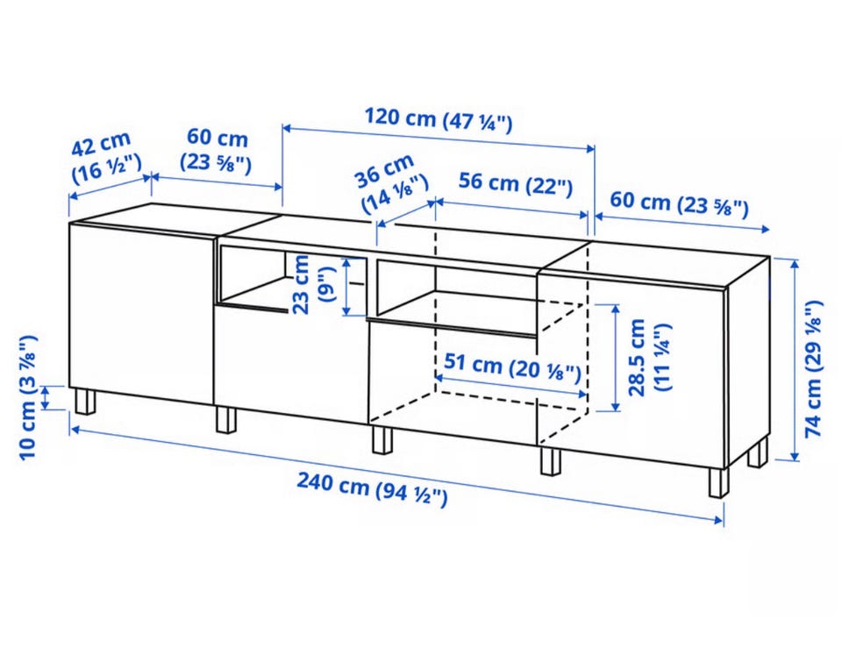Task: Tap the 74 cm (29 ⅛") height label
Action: [x=814, y=369]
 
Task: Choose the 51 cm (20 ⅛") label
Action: [x=512, y=367]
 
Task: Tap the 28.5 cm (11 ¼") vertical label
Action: [x=649, y=357]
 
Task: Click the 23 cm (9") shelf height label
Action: [x=312, y=285]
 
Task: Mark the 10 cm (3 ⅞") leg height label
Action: [x=28, y=397]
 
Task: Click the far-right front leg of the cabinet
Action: [x=719, y=482]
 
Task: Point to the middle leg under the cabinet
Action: [x=382, y=440]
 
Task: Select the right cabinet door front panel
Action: [x=631, y=369]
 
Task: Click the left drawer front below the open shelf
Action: [x=291, y=363]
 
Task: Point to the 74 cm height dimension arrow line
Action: [x=795, y=360]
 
